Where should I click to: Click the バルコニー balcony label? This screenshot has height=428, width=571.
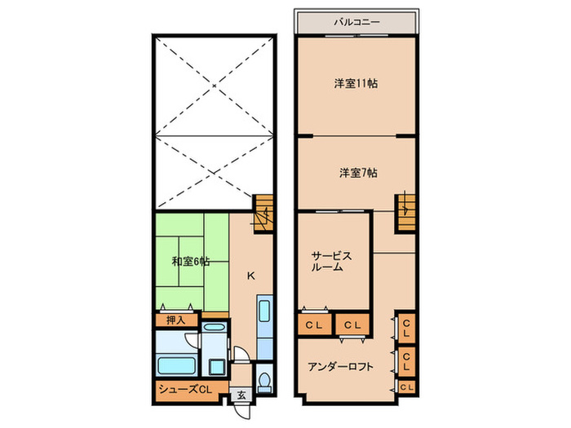357,22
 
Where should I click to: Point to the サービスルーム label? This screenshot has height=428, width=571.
331,261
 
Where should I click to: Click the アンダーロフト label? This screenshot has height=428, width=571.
341,367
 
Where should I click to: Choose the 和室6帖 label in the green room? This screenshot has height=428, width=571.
190,262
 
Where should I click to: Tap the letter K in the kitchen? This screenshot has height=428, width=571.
251,276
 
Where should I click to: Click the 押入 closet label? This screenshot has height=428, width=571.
176,320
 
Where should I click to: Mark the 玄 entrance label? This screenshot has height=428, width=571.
241,395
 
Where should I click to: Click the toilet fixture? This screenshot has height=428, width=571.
263,380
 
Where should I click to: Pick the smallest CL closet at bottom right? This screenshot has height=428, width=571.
406,386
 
